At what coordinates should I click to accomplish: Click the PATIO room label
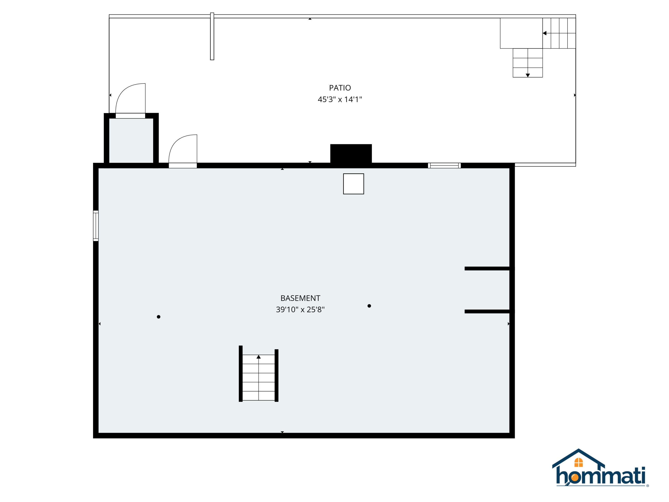[340, 88]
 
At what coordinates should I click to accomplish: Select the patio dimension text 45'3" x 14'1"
[340, 99]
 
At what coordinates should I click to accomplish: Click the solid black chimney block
[351, 154]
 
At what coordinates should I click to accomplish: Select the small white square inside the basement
[353, 184]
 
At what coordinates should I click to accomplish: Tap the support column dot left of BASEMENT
[159, 317]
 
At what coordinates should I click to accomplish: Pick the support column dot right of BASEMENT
[369, 306]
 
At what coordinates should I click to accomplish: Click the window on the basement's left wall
[96, 226]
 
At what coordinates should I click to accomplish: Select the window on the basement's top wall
[444, 166]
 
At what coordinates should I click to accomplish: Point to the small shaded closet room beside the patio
[131, 140]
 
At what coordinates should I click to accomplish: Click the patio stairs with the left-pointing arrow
[559, 33]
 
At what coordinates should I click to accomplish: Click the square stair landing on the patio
[521, 33]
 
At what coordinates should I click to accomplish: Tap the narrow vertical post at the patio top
[212, 36]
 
